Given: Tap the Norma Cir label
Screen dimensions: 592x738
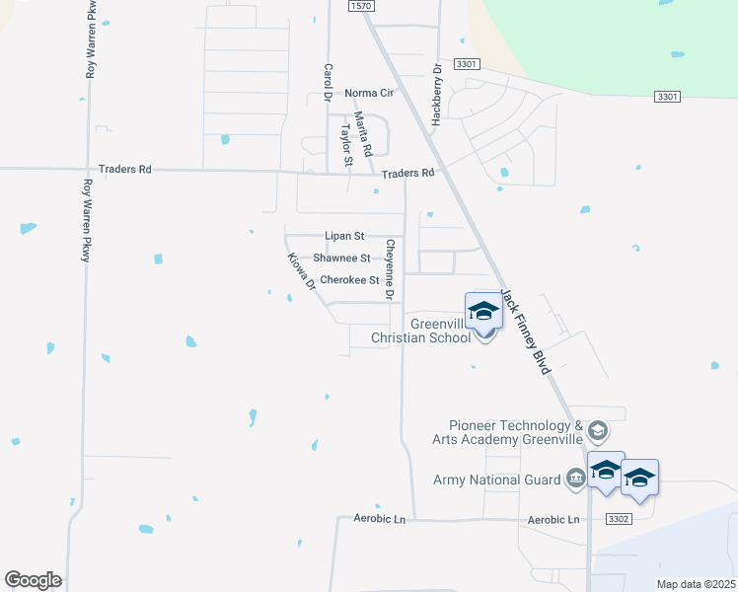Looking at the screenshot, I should click(369, 94).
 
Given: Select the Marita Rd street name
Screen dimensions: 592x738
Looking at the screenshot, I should click(362, 134).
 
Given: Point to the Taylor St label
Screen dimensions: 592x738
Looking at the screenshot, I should click(346, 144).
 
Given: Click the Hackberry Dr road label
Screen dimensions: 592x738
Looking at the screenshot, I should click(435, 95).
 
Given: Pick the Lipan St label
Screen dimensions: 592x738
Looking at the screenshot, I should click(345, 237).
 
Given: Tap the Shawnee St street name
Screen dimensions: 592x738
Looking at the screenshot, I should click(341, 259).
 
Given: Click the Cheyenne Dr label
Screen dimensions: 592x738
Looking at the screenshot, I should click(391, 269).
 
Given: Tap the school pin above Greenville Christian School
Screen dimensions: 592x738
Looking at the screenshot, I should click(483, 311).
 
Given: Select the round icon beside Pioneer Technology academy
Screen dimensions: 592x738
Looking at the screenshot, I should click(597, 431).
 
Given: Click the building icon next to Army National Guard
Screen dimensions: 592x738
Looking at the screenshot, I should click(575, 481).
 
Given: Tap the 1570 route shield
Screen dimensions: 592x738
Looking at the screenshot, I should click(362, 6).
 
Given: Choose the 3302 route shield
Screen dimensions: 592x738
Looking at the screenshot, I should click(618, 518).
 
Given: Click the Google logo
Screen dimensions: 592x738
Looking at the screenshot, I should click(33, 580).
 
